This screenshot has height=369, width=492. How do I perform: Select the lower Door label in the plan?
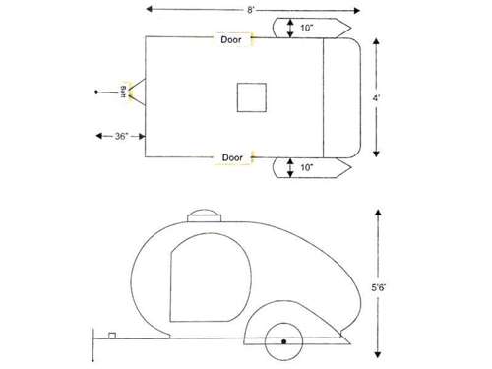[233, 157]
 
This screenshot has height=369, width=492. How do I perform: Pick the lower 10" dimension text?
[309, 169]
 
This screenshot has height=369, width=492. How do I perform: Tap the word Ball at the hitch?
[123, 92]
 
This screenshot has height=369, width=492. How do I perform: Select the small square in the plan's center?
[251, 97]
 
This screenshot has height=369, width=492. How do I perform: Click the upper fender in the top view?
[317, 27]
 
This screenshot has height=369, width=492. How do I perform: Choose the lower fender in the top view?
[317, 168]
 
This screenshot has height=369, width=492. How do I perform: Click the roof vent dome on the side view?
[206, 217]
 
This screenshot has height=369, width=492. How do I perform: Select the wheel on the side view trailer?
[283, 340]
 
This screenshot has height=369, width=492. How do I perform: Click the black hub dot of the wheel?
[283, 341]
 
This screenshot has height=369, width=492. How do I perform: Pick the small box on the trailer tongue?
[113, 336]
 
